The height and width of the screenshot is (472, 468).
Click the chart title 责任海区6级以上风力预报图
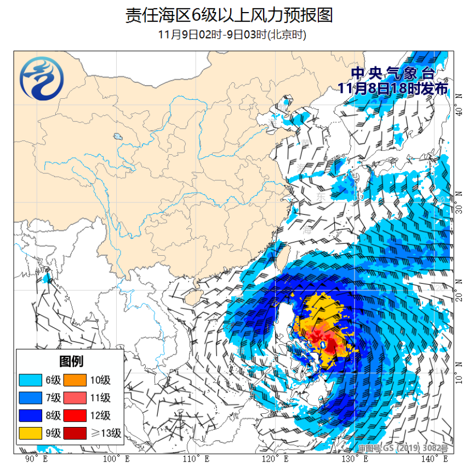click(x=229, y=15)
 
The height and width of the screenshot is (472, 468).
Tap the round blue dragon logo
click(x=42, y=81)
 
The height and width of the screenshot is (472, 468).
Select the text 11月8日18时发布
click(x=392, y=88)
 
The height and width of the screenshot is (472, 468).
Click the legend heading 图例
click(x=71, y=361)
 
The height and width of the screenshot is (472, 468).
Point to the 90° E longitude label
click(x=37, y=459)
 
